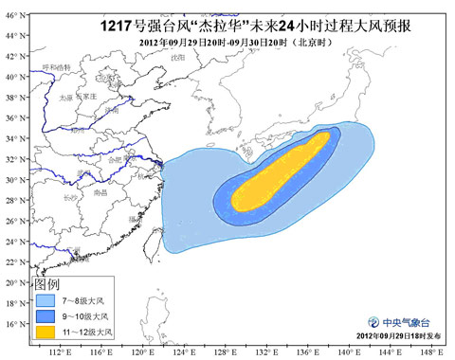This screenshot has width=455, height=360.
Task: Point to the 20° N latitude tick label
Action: (12, 282)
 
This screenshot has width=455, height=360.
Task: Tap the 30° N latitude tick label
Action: (12, 179)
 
